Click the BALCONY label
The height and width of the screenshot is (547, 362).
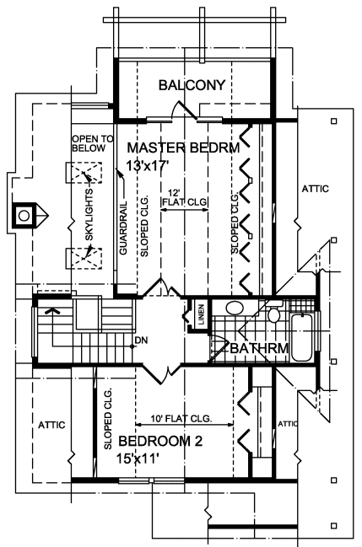click(x=192, y=85)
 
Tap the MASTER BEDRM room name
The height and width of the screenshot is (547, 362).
click(x=183, y=147)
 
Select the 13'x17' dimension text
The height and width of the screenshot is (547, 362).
click(x=148, y=166)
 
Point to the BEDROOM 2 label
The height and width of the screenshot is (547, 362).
click(x=160, y=442)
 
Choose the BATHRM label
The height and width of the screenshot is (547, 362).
click(x=259, y=348)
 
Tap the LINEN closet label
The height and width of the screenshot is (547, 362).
click(x=202, y=314)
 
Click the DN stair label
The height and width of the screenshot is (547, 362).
click(x=141, y=340)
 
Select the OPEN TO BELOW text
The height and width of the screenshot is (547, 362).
click(x=93, y=144)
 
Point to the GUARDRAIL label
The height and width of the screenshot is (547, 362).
click(x=123, y=228)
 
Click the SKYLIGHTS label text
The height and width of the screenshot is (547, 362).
click(x=89, y=214)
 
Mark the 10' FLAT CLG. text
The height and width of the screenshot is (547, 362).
click(x=181, y=418)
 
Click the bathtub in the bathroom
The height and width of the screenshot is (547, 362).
click(x=301, y=337)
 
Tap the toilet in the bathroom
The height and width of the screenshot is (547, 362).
click(x=274, y=312)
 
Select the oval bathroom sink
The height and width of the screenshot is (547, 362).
click(x=235, y=308)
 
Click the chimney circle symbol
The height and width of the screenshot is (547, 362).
click(x=24, y=216)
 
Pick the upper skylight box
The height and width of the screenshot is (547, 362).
click(x=84, y=173)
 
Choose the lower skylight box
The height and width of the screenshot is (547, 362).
click(x=84, y=258)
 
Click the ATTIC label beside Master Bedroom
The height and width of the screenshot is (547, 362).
click(x=316, y=189)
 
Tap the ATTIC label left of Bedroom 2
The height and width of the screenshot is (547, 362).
click(x=51, y=425)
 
